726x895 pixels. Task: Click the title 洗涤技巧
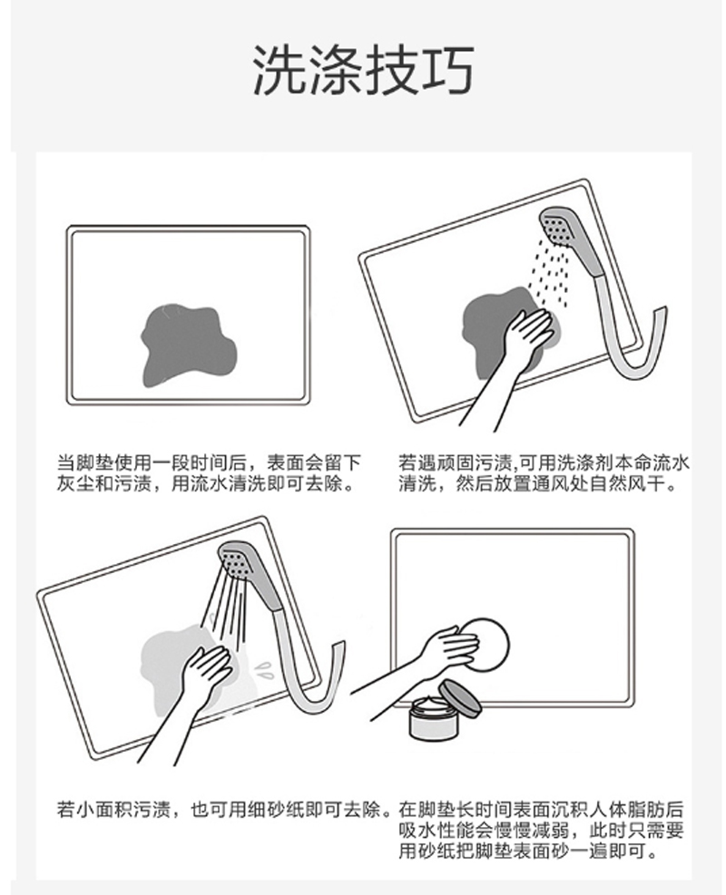pyautogui.click(x=363, y=69)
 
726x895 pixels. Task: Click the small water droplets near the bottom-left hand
pyautogui.click(x=264, y=669)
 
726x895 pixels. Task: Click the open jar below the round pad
pyautogui.click(x=433, y=717)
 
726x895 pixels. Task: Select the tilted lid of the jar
pyautogui.click(x=460, y=697)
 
